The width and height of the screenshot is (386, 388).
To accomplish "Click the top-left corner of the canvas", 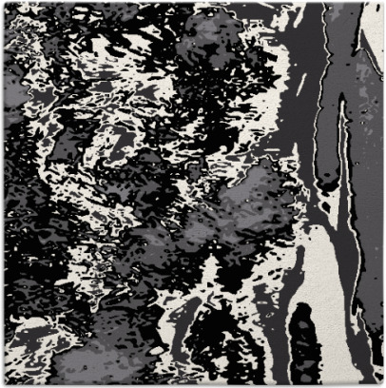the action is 3,3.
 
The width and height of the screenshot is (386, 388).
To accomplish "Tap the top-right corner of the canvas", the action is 382,3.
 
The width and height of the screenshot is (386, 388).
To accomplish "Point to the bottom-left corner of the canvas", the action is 3,384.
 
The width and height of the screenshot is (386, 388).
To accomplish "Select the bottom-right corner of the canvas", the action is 382,384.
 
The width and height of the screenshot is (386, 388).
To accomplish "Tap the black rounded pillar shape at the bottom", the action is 303,347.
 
